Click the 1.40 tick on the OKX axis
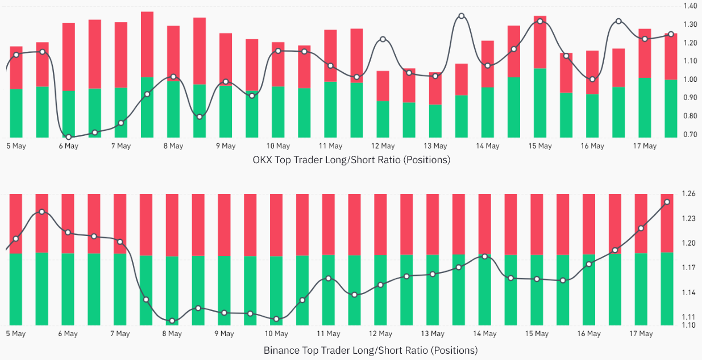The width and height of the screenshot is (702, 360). tap(690, 6)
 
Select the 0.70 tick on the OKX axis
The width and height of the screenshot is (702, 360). tap(690, 134)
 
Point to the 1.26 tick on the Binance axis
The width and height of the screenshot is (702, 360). tap(689, 194)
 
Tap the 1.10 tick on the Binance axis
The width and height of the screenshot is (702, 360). tap(689, 325)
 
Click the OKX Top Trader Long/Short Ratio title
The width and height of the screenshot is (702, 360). tap(351, 160)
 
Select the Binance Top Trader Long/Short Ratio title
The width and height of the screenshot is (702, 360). tap(371, 350)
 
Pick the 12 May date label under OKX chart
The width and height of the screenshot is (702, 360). tap(383, 146)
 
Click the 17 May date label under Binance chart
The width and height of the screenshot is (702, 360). tap(641, 334)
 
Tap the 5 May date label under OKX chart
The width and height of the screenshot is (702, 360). tap(16, 146)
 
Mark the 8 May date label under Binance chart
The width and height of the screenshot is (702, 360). tap(173, 334)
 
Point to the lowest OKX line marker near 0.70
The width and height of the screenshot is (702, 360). tap(69, 137)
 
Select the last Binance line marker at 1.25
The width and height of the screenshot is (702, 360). tap(667, 202)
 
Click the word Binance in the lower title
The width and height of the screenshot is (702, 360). tap(281, 350)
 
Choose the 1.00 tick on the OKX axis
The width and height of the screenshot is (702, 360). tap(690, 80)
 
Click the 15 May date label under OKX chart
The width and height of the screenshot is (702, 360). tap(540, 146)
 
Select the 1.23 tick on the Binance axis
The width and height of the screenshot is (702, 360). tap(689, 218)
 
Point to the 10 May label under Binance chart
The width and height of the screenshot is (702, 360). tap(277, 334)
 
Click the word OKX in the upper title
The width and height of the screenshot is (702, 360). tap(263, 160)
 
